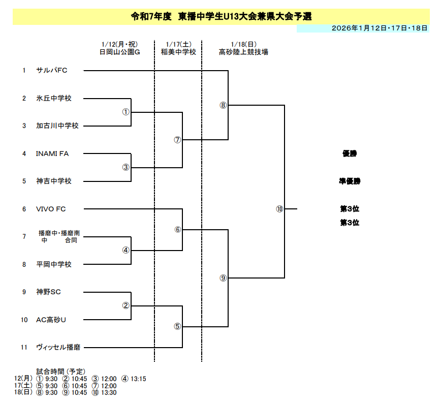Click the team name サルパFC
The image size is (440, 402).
tap(52, 70)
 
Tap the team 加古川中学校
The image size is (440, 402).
tap(57, 126)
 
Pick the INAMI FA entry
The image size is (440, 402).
tap(52, 153)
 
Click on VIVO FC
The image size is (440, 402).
tap(51, 209)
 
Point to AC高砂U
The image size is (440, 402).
tap(51, 320)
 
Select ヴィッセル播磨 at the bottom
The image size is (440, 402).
tap(58, 348)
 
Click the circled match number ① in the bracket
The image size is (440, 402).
tap(126, 112)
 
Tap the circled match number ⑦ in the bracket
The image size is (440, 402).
tap(177, 140)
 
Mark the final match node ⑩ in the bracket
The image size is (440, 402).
tap(279, 209)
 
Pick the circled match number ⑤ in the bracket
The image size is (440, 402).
tap(177, 326)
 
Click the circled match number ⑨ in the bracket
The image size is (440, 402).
tap(223, 278)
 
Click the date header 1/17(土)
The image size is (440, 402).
tap(178, 45)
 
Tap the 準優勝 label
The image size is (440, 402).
tap(350, 181)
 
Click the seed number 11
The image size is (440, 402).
tap(24, 348)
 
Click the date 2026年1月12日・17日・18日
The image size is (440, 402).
tap(379, 28)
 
